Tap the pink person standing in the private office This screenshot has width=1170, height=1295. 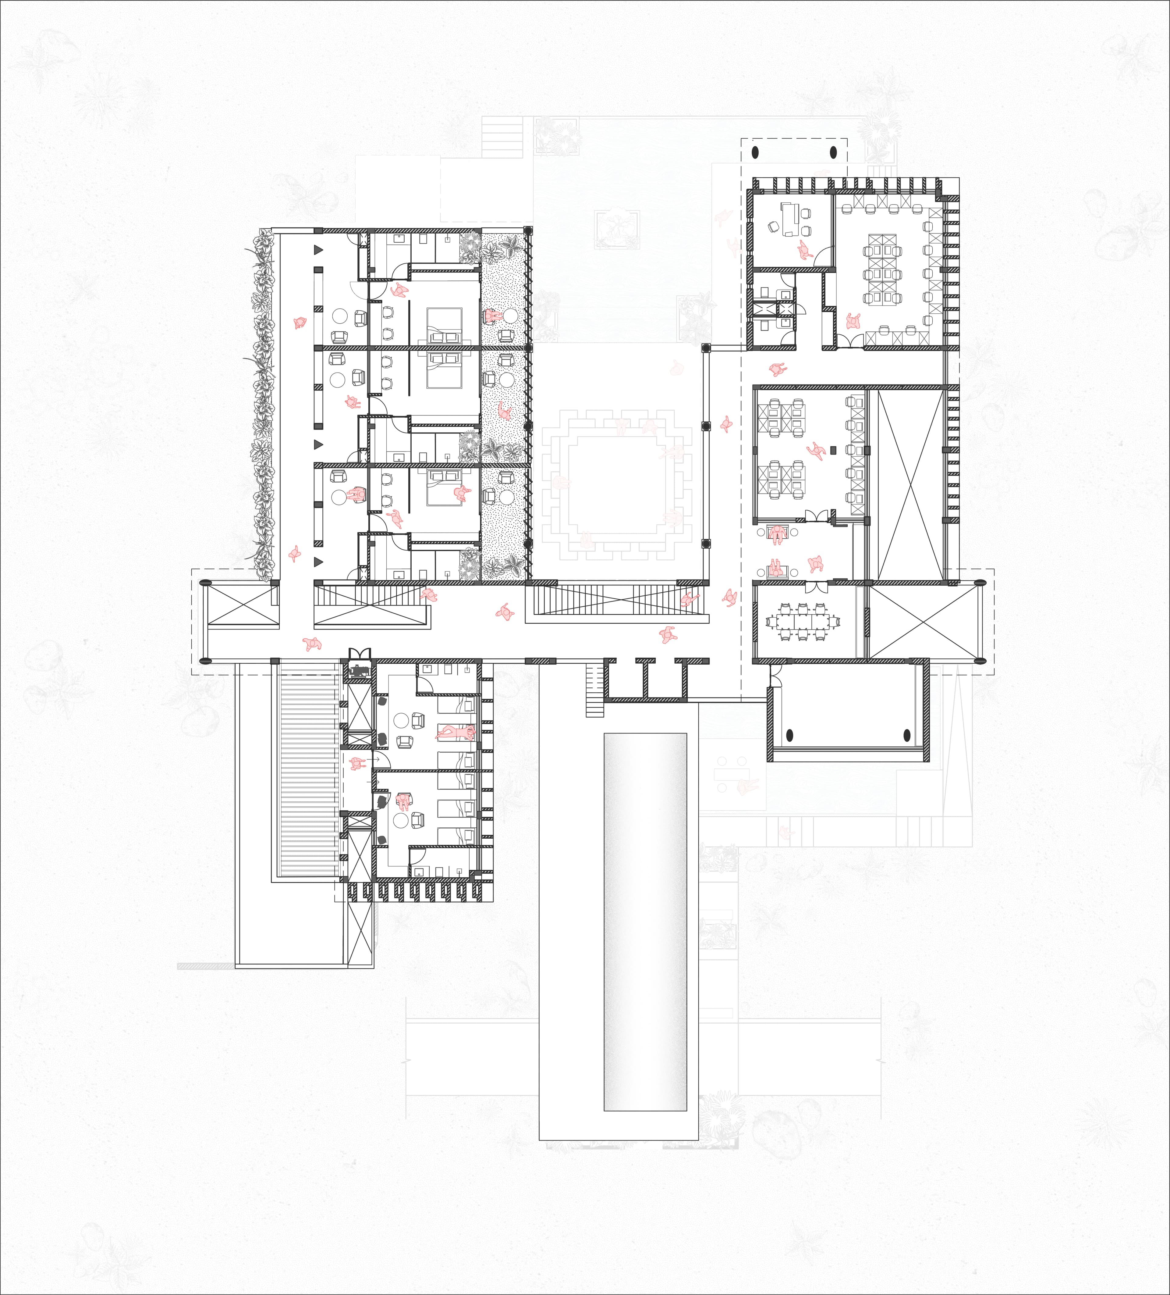pyautogui.click(x=804, y=250)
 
